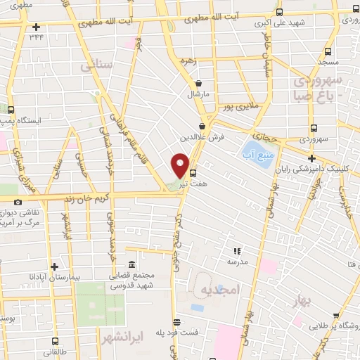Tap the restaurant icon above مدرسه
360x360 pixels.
pos(237,250)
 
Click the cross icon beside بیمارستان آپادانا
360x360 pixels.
pos(54,266)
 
